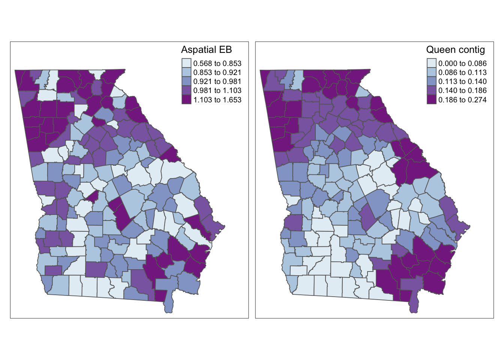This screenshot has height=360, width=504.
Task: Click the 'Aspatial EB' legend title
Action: coord(206,50)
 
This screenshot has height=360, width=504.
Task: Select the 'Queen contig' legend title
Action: coord(455,50)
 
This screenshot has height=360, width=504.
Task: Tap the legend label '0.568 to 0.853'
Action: coord(217,63)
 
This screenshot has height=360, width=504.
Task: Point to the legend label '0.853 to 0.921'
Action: coord(217,72)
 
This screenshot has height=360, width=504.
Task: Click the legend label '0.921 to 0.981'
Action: coord(217,81)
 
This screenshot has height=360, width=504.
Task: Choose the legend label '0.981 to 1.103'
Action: coord(217,90)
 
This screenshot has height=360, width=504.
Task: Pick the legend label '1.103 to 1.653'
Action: coord(217,100)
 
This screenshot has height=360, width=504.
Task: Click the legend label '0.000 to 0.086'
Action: coord(462,63)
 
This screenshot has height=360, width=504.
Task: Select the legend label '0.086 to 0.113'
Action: coord(462,72)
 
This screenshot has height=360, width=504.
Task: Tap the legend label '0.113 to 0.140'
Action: coord(462,81)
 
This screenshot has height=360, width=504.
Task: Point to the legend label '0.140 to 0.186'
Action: coord(462,90)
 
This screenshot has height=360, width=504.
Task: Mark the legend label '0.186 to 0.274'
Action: coord(462,100)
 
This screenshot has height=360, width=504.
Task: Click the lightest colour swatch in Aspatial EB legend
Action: coord(186,63)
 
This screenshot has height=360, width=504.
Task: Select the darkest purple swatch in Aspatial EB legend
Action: coord(186,99)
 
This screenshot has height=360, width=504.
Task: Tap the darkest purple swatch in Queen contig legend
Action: coord(431,99)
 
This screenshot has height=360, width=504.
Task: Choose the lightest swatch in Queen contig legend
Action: coord(431,63)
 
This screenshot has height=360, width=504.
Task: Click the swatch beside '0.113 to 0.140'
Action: coord(431,81)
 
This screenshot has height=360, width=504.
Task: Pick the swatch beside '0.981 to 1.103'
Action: coord(186,90)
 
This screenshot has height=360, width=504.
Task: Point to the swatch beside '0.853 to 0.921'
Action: coord(186,72)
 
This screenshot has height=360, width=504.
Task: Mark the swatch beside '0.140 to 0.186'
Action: coord(431,90)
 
